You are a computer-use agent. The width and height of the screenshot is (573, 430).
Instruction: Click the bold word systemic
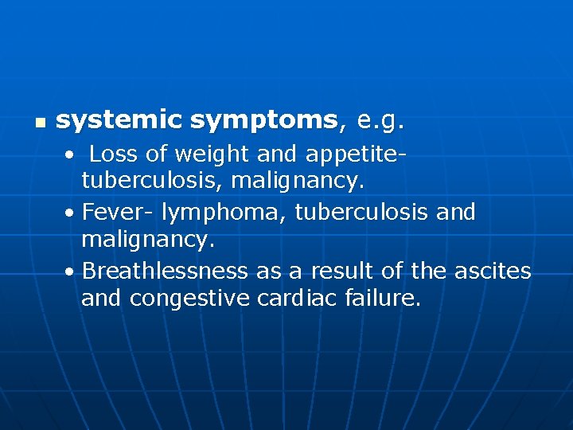119,121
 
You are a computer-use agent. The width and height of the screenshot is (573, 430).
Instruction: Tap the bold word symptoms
264,121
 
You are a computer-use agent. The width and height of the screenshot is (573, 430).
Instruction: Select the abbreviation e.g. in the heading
381,121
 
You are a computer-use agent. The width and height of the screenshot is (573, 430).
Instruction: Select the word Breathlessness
165,272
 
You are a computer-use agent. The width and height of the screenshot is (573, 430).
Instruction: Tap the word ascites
492,272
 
